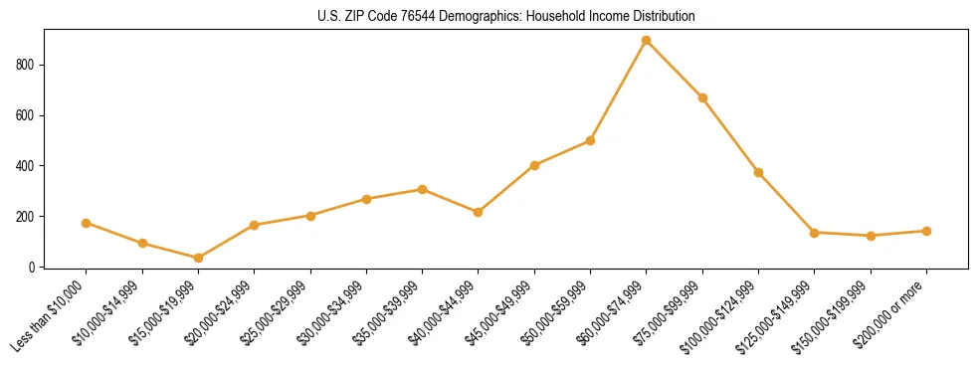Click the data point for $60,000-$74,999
click(x=647, y=41)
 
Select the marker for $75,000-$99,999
click(x=702, y=98)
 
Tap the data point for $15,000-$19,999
click(x=198, y=259)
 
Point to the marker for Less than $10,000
click(x=87, y=224)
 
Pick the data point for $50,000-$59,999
click(x=590, y=141)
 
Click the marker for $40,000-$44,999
click(x=479, y=213)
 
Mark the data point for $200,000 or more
click(x=926, y=231)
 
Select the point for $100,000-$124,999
click(x=758, y=173)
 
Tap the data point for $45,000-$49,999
click(x=534, y=165)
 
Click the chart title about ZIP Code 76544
click(x=505, y=17)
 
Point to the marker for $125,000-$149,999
click(x=814, y=233)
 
